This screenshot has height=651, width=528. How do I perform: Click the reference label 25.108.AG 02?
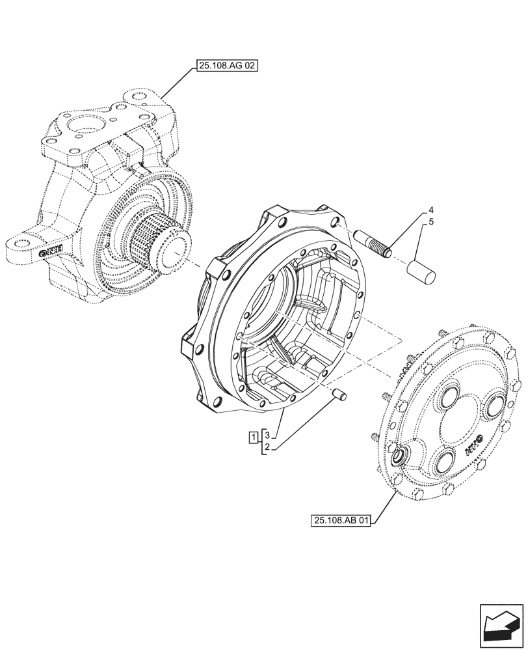[x=225, y=66]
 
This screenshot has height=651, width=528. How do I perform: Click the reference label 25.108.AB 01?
[x=342, y=520]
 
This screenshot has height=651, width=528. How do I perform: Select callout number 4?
[x=430, y=211]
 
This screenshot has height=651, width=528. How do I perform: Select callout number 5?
[x=430, y=223]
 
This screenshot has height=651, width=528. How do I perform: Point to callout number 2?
[x=267, y=447]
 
